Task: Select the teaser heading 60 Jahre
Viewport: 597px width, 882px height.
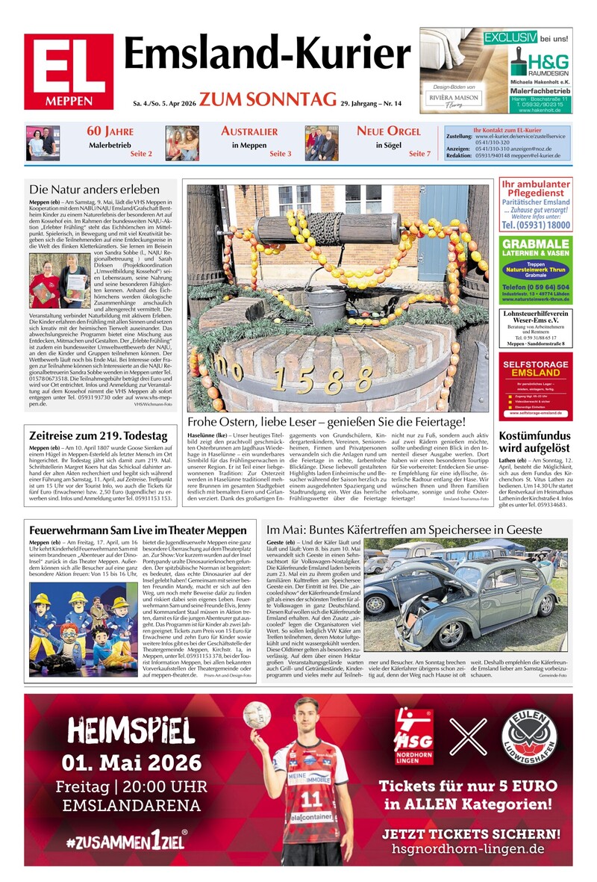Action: [x=104, y=131]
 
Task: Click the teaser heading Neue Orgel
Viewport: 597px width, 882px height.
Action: [x=389, y=131]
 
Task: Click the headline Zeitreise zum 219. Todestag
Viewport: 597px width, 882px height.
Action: [x=98, y=435]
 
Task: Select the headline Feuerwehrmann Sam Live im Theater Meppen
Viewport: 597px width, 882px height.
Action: [x=137, y=530]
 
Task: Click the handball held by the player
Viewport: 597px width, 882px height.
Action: [x=256, y=715]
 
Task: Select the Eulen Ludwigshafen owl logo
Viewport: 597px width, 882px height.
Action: [x=529, y=734]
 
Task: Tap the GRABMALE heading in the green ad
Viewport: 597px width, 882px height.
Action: [x=535, y=244]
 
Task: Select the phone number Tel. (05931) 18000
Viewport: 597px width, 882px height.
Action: [x=535, y=225]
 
